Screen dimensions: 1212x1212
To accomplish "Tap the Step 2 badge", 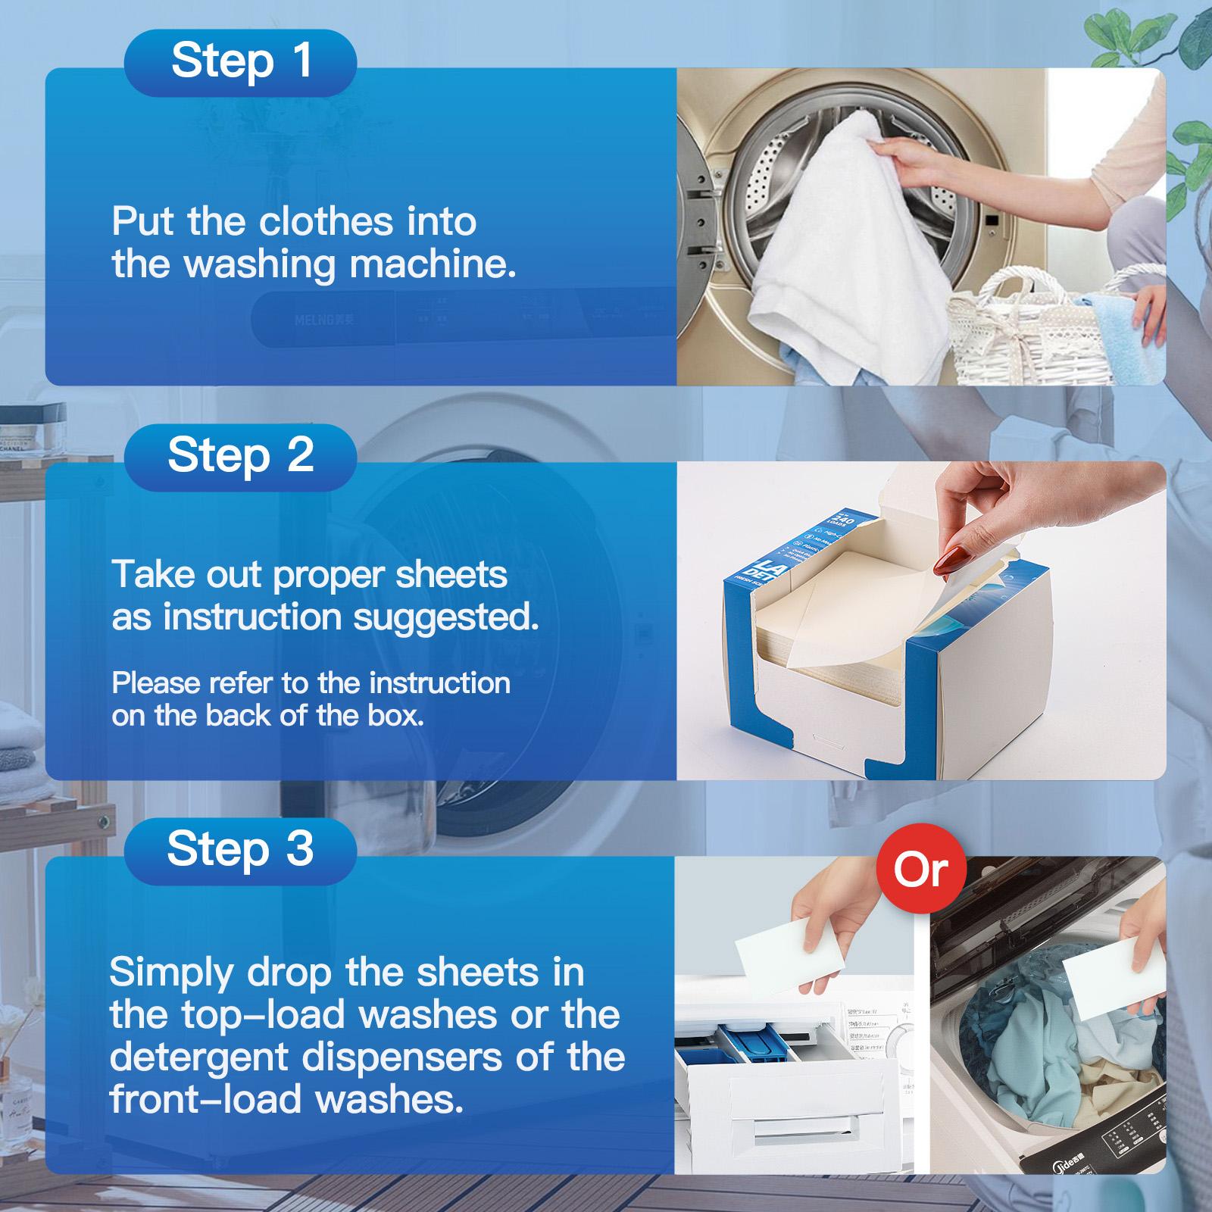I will point(241,455).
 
